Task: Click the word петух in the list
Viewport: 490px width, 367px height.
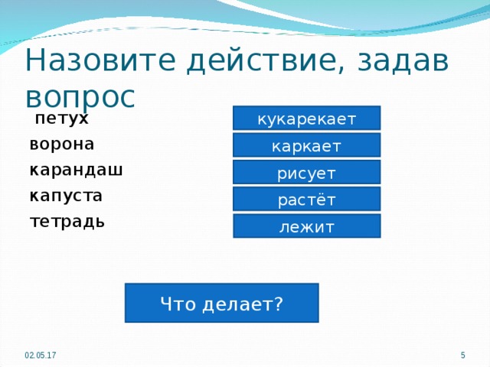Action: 61,119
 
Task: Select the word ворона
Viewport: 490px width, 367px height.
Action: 62,145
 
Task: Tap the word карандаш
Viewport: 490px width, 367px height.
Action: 76,170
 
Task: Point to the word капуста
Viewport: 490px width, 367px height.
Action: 66,196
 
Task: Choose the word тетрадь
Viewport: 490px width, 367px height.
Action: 67,222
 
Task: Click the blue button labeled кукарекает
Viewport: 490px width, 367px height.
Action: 306,119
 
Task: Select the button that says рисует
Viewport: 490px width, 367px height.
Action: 306,173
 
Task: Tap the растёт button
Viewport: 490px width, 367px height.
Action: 306,200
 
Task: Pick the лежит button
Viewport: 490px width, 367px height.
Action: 306,226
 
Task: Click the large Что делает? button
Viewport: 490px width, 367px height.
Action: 222,303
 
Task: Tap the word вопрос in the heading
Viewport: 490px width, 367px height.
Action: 80,96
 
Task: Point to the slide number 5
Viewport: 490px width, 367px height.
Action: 463,357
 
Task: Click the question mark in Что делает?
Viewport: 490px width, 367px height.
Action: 278,304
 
